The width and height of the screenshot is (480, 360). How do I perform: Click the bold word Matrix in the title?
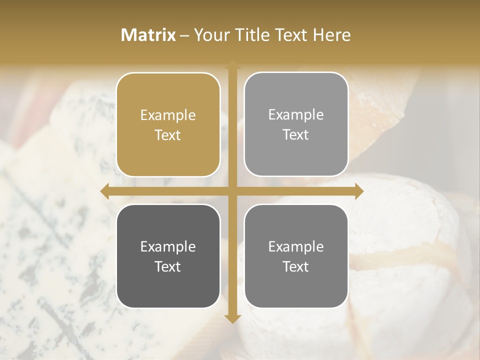pyautogui.click(x=148, y=35)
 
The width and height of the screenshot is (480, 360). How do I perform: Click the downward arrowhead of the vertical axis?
pyautogui.click(x=232, y=318)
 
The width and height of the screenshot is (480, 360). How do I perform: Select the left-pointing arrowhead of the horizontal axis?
pyautogui.click(x=104, y=191)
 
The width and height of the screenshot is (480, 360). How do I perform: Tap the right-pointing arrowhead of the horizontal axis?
pyautogui.click(x=359, y=191)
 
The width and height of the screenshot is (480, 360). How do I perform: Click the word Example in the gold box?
pyautogui.click(x=168, y=115)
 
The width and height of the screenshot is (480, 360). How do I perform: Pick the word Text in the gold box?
pyautogui.click(x=168, y=135)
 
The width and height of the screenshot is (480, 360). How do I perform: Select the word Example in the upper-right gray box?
pyautogui.click(x=296, y=115)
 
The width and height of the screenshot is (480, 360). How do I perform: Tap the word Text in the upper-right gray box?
pyautogui.click(x=296, y=134)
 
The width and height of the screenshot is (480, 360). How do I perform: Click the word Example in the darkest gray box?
pyautogui.click(x=168, y=247)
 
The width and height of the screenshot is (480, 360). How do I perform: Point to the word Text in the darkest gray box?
pyautogui.click(x=168, y=266)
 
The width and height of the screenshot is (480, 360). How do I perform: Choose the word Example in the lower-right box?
pyautogui.click(x=296, y=247)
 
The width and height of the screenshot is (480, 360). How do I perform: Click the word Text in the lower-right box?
pyautogui.click(x=296, y=266)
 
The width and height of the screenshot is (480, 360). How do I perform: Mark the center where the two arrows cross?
pyautogui.click(x=232, y=191)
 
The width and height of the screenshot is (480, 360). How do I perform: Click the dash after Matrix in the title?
pyautogui.click(x=184, y=35)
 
